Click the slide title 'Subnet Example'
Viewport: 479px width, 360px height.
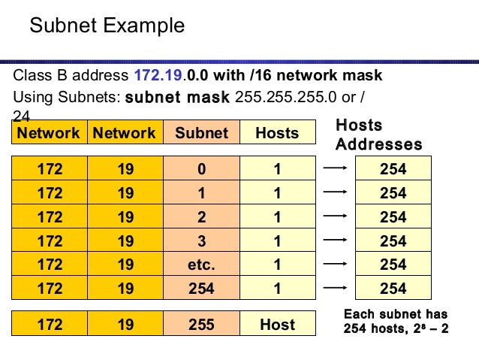click(107, 26)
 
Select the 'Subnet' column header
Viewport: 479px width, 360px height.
click(201, 133)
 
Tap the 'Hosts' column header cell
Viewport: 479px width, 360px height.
click(277, 133)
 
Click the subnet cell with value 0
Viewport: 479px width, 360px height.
click(201, 169)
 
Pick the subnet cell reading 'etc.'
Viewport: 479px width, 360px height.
click(201, 265)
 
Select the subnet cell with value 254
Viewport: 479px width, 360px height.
click(201, 288)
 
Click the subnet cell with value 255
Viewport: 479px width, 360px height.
click(201, 325)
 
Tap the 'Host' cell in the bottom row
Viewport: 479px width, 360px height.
click(277, 325)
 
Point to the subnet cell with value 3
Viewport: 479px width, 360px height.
click(201, 241)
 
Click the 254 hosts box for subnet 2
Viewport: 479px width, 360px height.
click(393, 217)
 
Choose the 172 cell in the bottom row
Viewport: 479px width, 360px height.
click(50, 325)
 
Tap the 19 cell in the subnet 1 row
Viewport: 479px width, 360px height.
click(125, 193)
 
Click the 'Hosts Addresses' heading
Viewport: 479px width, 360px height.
click(378, 135)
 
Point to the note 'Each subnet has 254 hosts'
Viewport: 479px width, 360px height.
click(396, 321)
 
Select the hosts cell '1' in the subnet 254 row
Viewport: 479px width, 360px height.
click(277, 288)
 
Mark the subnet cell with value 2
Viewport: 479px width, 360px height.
click(201, 217)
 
